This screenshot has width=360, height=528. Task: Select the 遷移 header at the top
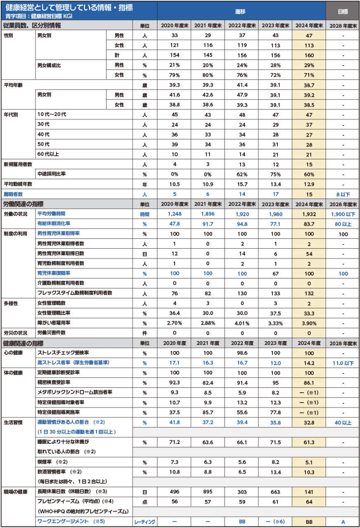(x=241, y=12)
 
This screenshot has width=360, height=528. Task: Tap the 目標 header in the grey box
(x=342, y=12)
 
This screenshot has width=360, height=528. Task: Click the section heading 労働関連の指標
(x=23, y=204)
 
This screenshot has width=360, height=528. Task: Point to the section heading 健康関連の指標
(x=23, y=343)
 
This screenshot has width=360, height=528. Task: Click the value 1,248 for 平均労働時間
(x=175, y=214)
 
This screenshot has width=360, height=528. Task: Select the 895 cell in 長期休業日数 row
(x=208, y=492)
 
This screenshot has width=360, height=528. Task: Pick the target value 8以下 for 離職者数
(x=342, y=194)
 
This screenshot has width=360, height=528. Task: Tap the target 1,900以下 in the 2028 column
(x=342, y=214)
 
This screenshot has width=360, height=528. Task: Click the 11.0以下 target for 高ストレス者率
(x=342, y=363)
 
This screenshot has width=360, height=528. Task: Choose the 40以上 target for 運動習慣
(x=342, y=422)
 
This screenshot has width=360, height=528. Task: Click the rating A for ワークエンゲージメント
(x=342, y=522)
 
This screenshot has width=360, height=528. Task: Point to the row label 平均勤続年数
(x=18, y=184)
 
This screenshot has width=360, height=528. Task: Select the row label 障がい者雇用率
(x=54, y=323)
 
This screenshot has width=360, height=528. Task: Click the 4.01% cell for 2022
(x=242, y=323)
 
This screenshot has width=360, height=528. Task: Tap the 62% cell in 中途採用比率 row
(x=242, y=174)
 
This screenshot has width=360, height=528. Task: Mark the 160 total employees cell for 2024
(x=309, y=55)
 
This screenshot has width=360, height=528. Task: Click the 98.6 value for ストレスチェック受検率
(x=242, y=353)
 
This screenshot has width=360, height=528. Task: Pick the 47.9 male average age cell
(x=242, y=95)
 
